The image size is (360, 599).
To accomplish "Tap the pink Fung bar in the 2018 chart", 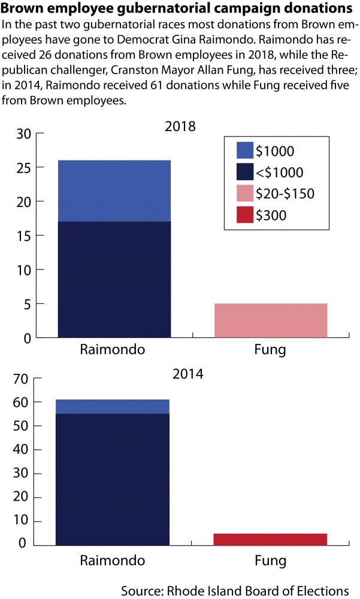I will [x=271, y=320].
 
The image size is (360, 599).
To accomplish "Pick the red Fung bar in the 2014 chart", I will [x=270, y=539].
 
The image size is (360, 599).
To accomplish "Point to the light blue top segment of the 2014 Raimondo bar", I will [x=112, y=406].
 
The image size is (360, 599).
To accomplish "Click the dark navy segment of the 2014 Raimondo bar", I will [x=112, y=479].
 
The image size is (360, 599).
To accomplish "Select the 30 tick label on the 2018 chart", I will [x=23, y=134].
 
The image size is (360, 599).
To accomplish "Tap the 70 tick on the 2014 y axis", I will [x=23, y=379].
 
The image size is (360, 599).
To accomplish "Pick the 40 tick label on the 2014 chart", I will [x=23, y=450].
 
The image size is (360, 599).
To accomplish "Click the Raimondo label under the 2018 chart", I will [x=112, y=349].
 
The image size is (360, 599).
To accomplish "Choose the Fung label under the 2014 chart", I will [x=270, y=561].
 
